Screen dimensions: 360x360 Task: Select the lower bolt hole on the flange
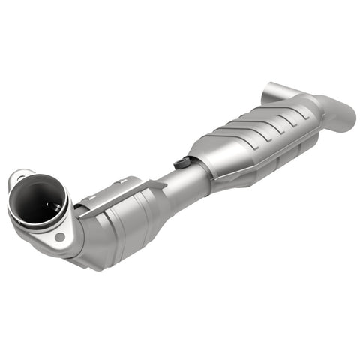[x=59, y=237]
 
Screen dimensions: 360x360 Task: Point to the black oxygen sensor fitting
[x=180, y=163]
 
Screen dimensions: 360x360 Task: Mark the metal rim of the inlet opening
[x=64, y=199]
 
